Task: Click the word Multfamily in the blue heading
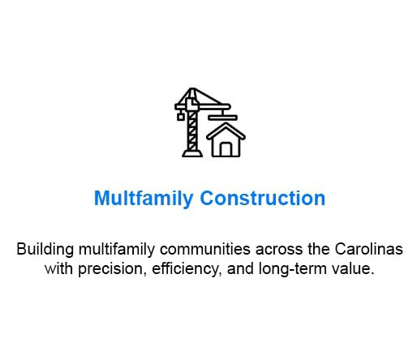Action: [144, 199]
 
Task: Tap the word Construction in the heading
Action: [263, 198]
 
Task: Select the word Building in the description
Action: [45, 249]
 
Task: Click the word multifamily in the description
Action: [117, 249]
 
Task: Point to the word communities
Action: [205, 249]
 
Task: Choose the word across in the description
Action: [279, 250]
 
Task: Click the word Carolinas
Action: [369, 249]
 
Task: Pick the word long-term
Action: [292, 269]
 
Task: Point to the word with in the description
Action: [58, 268]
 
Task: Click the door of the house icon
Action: [226, 149]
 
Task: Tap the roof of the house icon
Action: [226, 131]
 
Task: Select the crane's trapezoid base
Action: [192, 153]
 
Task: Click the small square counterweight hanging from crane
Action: [180, 117]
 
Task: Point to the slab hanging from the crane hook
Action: [222, 118]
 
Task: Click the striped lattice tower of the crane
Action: [192, 131]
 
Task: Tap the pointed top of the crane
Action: [192, 90]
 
